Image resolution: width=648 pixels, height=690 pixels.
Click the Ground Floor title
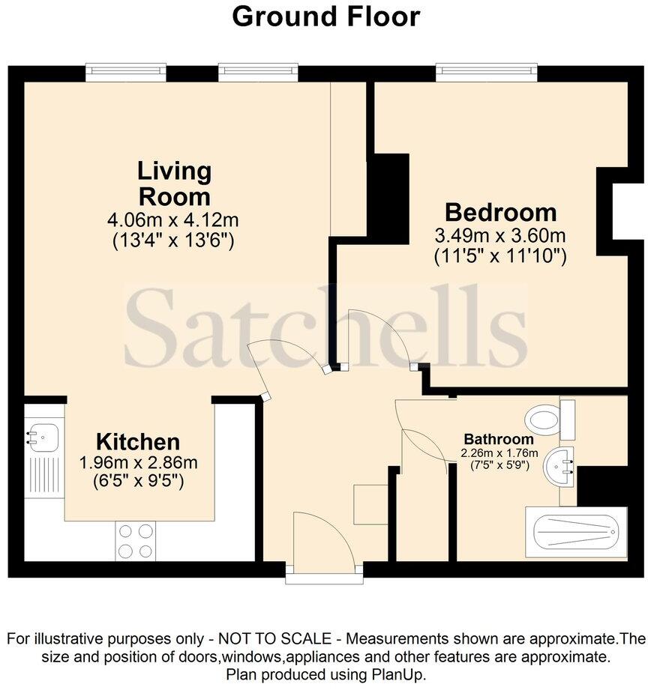pyautogui.click(x=325, y=16)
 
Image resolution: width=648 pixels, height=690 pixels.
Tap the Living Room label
pyautogui.click(x=174, y=184)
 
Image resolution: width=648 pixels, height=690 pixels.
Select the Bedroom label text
pyautogui.click(x=500, y=211)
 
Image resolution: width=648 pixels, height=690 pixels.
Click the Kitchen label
pyautogui.click(x=138, y=441)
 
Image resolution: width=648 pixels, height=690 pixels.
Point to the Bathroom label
pyautogui.click(x=499, y=439)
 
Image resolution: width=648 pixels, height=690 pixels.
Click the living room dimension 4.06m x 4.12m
pyautogui.click(x=174, y=221)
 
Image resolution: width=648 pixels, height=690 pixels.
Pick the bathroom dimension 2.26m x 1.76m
pyautogui.click(x=499, y=453)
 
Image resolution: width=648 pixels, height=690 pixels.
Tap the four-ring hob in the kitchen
pyautogui.click(x=135, y=540)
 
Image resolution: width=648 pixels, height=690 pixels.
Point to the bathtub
pyautogui.click(x=575, y=534)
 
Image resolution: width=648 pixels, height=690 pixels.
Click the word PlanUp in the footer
pyautogui.click(x=400, y=674)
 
